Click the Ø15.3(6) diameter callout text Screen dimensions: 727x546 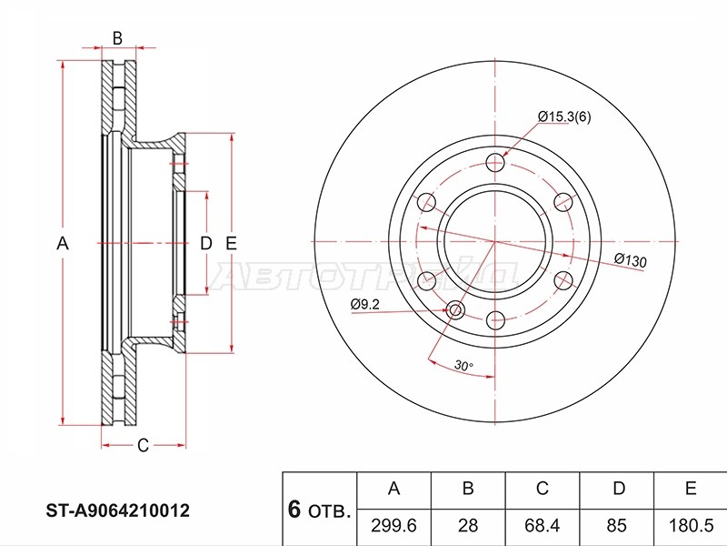coord(564,116)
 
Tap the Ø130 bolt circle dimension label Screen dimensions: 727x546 coord(630,260)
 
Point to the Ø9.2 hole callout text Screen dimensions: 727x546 coord(365,304)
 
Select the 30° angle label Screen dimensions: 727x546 coord(463,365)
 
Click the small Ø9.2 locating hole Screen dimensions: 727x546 coord(455,310)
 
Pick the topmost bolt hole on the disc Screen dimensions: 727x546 coord(495,162)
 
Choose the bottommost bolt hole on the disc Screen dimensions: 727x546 coord(495,320)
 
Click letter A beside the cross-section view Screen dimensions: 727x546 coord(63,243)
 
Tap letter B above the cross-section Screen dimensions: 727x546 coord(117,38)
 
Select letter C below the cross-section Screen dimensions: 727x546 coord(143,445)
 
